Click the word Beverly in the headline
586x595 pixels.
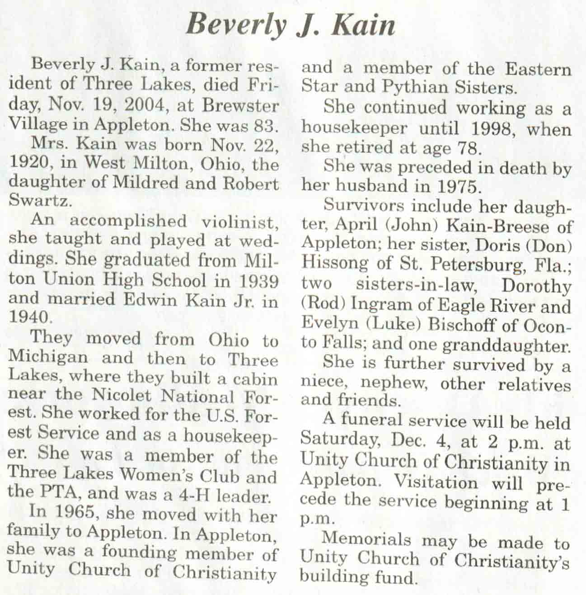235,25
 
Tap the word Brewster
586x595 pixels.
240,105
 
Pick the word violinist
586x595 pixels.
238,222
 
